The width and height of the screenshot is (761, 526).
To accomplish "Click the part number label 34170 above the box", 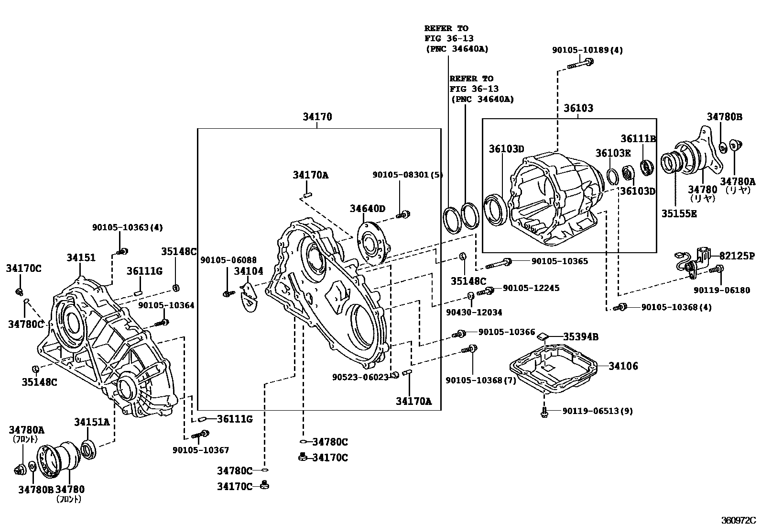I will [317, 117].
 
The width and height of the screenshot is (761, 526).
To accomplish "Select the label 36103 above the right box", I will [578, 108].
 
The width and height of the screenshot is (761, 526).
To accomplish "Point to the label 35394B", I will [580, 337].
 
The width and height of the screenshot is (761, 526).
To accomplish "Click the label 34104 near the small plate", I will [249, 271].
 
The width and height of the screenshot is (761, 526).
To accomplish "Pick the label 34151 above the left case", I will [81, 257].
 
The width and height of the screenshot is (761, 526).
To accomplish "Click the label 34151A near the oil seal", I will [92, 422].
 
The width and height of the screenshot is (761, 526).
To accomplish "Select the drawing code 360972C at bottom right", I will [739, 519].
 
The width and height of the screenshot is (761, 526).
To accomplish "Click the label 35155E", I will [679, 214].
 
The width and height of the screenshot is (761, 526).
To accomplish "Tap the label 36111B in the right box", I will [638, 139].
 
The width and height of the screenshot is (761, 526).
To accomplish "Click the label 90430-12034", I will [474, 312].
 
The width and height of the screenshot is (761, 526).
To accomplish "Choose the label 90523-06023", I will [360, 377].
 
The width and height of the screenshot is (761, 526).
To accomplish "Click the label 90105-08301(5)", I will [408, 176].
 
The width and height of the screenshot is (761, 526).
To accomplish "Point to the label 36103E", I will [613, 153].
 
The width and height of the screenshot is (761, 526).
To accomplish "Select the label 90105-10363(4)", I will [127, 228].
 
